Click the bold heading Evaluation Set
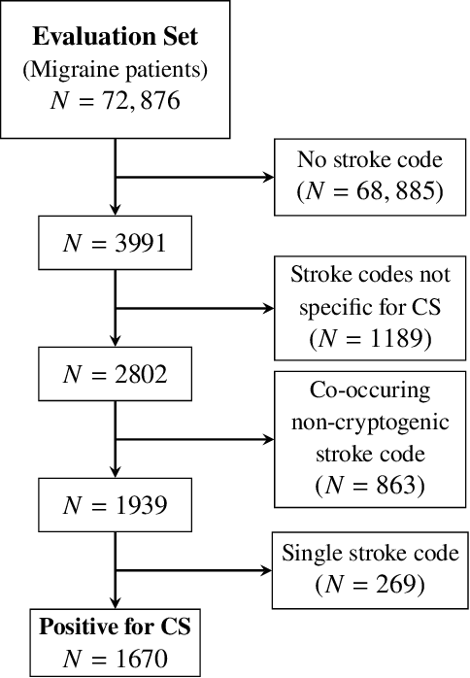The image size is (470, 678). [116, 38]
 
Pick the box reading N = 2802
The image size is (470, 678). [116, 374]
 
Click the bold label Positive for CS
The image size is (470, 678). [116, 627]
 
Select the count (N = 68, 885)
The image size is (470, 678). [371, 191]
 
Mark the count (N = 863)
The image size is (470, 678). [371, 484]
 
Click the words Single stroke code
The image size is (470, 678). [371, 555]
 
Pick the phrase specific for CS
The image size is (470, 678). [371, 308]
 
